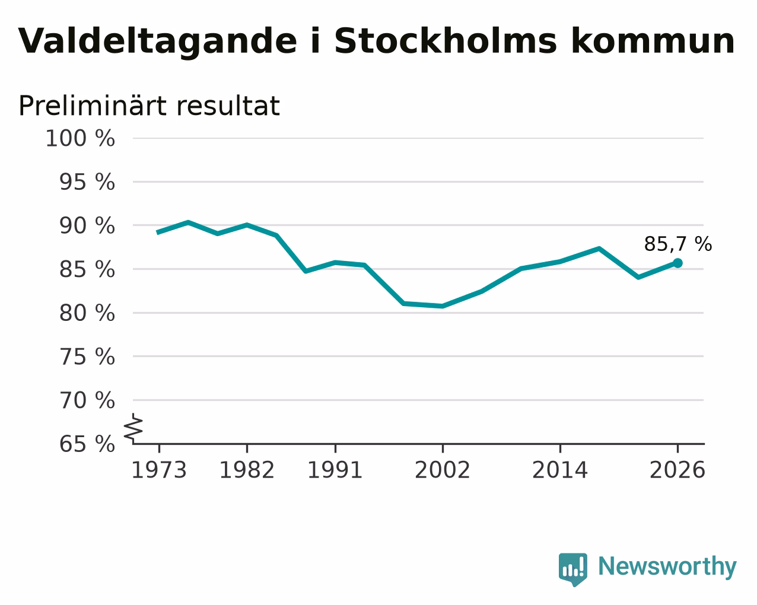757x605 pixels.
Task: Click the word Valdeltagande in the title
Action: (x=157, y=42)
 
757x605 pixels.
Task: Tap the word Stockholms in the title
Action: (x=446, y=41)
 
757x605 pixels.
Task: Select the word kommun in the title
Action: (x=653, y=41)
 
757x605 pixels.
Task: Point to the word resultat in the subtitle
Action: (x=228, y=106)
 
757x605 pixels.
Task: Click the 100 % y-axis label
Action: (x=80, y=138)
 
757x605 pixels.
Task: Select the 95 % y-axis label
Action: (x=87, y=182)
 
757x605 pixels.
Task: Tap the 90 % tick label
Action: (x=87, y=226)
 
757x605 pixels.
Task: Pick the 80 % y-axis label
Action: (x=87, y=313)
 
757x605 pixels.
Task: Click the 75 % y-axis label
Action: (x=87, y=356)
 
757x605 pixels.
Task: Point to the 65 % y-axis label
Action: (x=87, y=444)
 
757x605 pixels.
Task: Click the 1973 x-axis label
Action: (x=159, y=470)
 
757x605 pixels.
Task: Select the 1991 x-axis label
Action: (x=335, y=470)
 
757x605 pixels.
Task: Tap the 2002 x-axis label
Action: (x=443, y=470)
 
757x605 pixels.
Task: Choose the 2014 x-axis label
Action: (x=560, y=470)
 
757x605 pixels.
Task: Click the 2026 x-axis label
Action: (x=678, y=470)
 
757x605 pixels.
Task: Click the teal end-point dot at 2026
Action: (x=678, y=263)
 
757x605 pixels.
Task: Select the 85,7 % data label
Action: (x=678, y=244)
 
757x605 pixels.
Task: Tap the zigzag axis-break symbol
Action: (x=133, y=428)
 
